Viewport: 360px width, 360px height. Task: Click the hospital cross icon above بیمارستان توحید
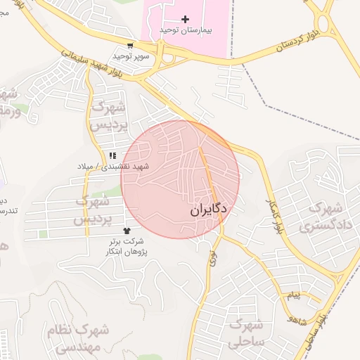pos(185,19)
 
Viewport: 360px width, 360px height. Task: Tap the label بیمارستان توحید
pos(186,31)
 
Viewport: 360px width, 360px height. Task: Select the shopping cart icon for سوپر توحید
pos(129,44)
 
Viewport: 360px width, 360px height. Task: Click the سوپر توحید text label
pos(129,55)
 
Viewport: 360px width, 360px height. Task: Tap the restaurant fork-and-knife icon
pos(112,155)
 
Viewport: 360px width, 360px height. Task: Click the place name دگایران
pos(209,210)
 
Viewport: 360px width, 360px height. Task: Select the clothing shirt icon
pos(127,230)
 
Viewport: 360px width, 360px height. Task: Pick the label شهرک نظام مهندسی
pos(77,337)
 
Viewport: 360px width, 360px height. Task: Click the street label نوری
pos(212,257)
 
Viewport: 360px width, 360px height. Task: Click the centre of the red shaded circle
pos(180,179)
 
